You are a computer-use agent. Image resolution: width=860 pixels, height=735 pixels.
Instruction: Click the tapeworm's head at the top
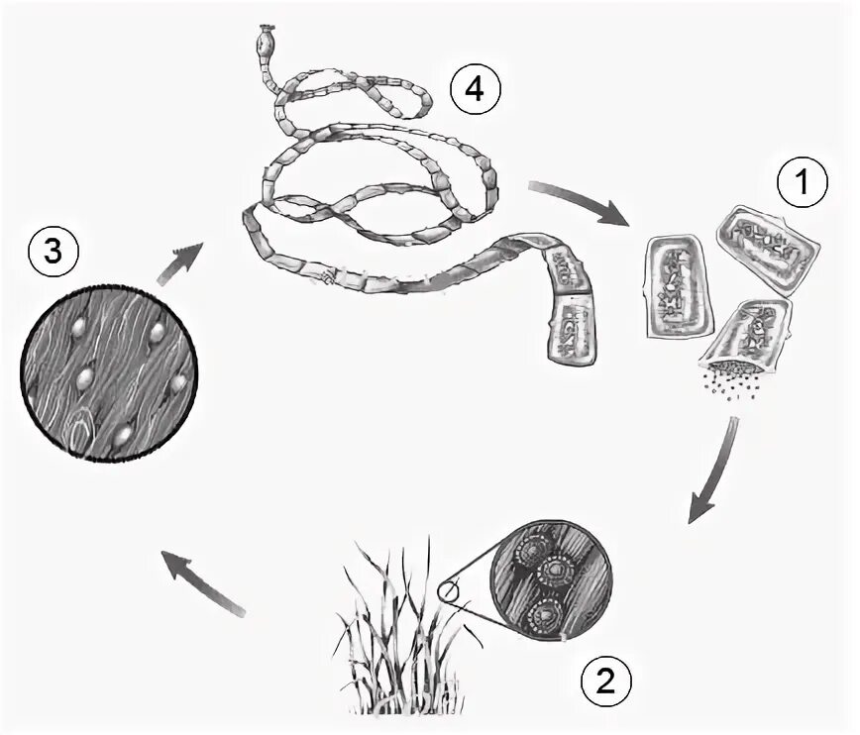265,42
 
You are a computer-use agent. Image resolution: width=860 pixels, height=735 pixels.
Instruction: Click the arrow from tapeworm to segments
581,201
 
